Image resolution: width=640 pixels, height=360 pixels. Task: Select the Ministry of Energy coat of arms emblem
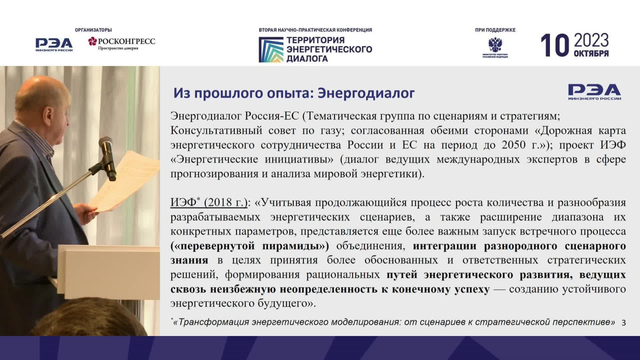[x=495, y=45]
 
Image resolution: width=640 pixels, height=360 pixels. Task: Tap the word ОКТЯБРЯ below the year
[x=591, y=54]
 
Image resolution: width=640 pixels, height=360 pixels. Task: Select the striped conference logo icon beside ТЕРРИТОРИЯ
[x=270, y=49]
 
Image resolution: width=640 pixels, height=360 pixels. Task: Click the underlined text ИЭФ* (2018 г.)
[x=209, y=202]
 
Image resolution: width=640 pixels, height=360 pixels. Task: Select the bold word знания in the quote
[x=189, y=260]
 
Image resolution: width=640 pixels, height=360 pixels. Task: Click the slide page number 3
[x=624, y=322]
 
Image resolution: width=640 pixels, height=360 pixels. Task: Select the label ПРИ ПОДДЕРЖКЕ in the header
[x=495, y=30]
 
